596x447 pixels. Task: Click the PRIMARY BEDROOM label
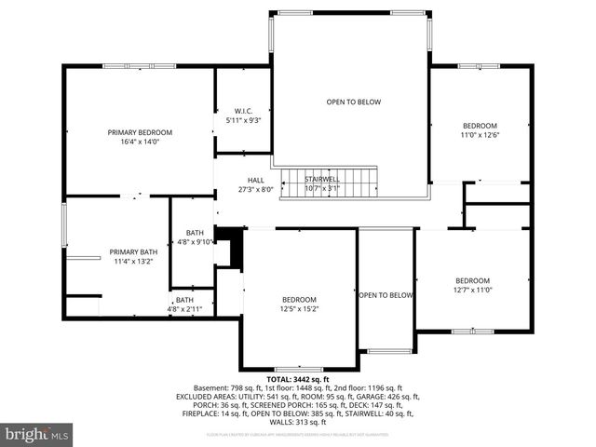[x=140, y=132]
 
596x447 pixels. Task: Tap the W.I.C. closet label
[x=243, y=109]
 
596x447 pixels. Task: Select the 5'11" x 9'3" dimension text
[x=243, y=119]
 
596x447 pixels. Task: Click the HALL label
[x=255, y=180]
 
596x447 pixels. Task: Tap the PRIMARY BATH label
[x=133, y=251]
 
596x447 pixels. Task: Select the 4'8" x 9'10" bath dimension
[x=195, y=242]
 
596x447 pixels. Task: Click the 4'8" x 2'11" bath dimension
[x=185, y=309]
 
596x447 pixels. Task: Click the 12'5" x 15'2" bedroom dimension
[x=299, y=309]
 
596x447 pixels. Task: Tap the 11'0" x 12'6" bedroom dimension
[x=481, y=135]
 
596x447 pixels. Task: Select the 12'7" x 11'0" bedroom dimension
[x=472, y=291]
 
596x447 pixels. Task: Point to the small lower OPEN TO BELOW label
[x=386, y=295]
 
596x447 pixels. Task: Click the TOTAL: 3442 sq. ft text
[x=297, y=379]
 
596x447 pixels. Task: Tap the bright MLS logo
[x=37, y=434]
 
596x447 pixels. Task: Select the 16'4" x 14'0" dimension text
[x=140, y=142]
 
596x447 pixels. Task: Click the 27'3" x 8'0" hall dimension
[x=255, y=189]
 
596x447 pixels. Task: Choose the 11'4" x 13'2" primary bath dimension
[x=133, y=262]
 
